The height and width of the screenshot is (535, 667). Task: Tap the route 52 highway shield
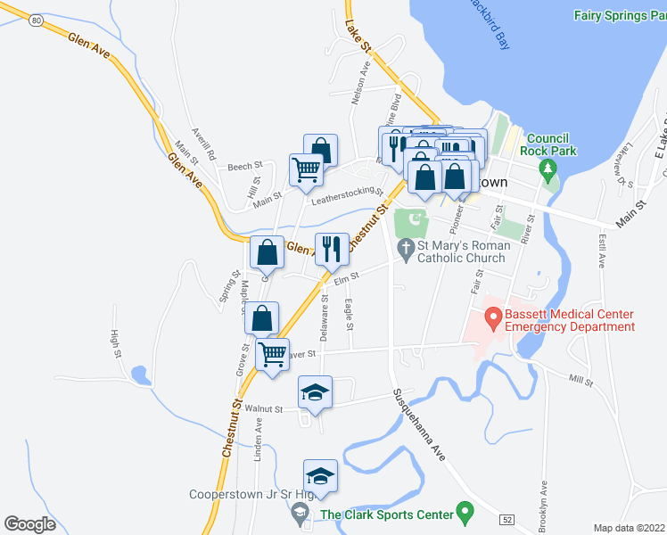click(506, 518)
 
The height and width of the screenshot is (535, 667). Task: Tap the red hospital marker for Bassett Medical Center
click(491, 317)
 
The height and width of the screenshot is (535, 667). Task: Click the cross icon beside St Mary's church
click(405, 248)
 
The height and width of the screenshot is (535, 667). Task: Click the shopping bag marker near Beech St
click(321, 150)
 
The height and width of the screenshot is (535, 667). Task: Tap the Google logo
click(30, 523)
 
